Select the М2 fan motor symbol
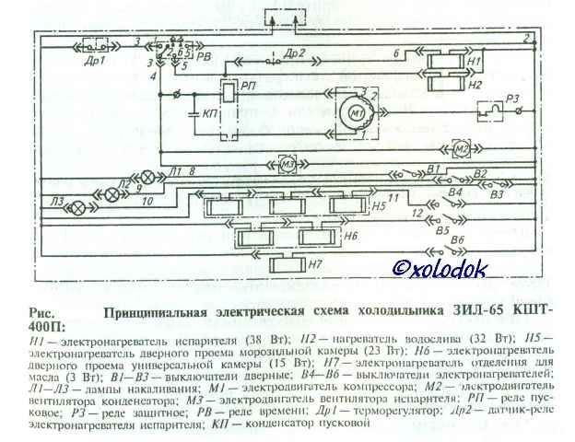pos(462,149)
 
